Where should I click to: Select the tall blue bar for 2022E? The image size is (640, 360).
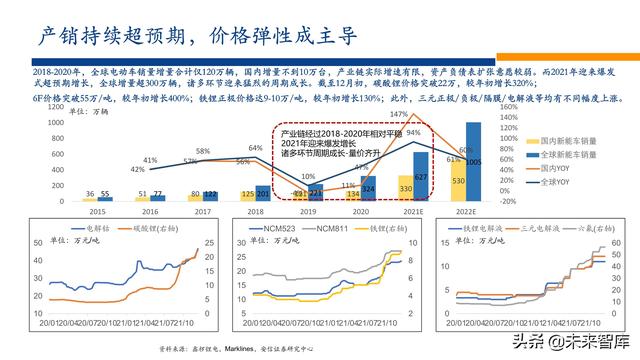[474, 160]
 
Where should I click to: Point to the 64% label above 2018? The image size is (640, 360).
[256, 148]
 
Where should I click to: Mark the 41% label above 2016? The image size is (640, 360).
[149, 159]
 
